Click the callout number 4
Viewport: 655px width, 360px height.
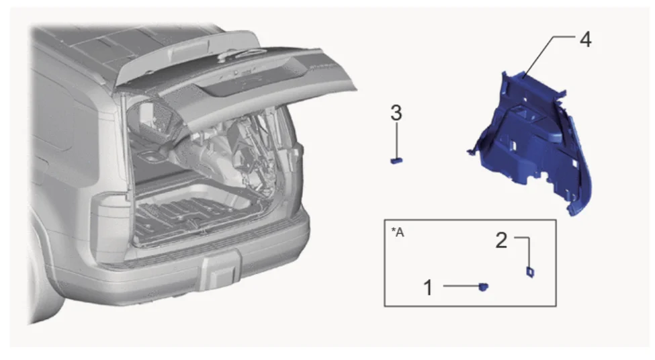coord(585,40)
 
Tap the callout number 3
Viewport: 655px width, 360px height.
coord(396,113)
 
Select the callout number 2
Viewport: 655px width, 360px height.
coord(501,240)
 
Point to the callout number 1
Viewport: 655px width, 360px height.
coord(428,287)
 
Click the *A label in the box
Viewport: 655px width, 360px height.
coord(398,232)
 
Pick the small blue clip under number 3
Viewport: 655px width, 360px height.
coord(396,160)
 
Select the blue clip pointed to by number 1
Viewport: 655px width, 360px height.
coord(483,287)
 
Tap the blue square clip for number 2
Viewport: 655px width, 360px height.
coord(530,272)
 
